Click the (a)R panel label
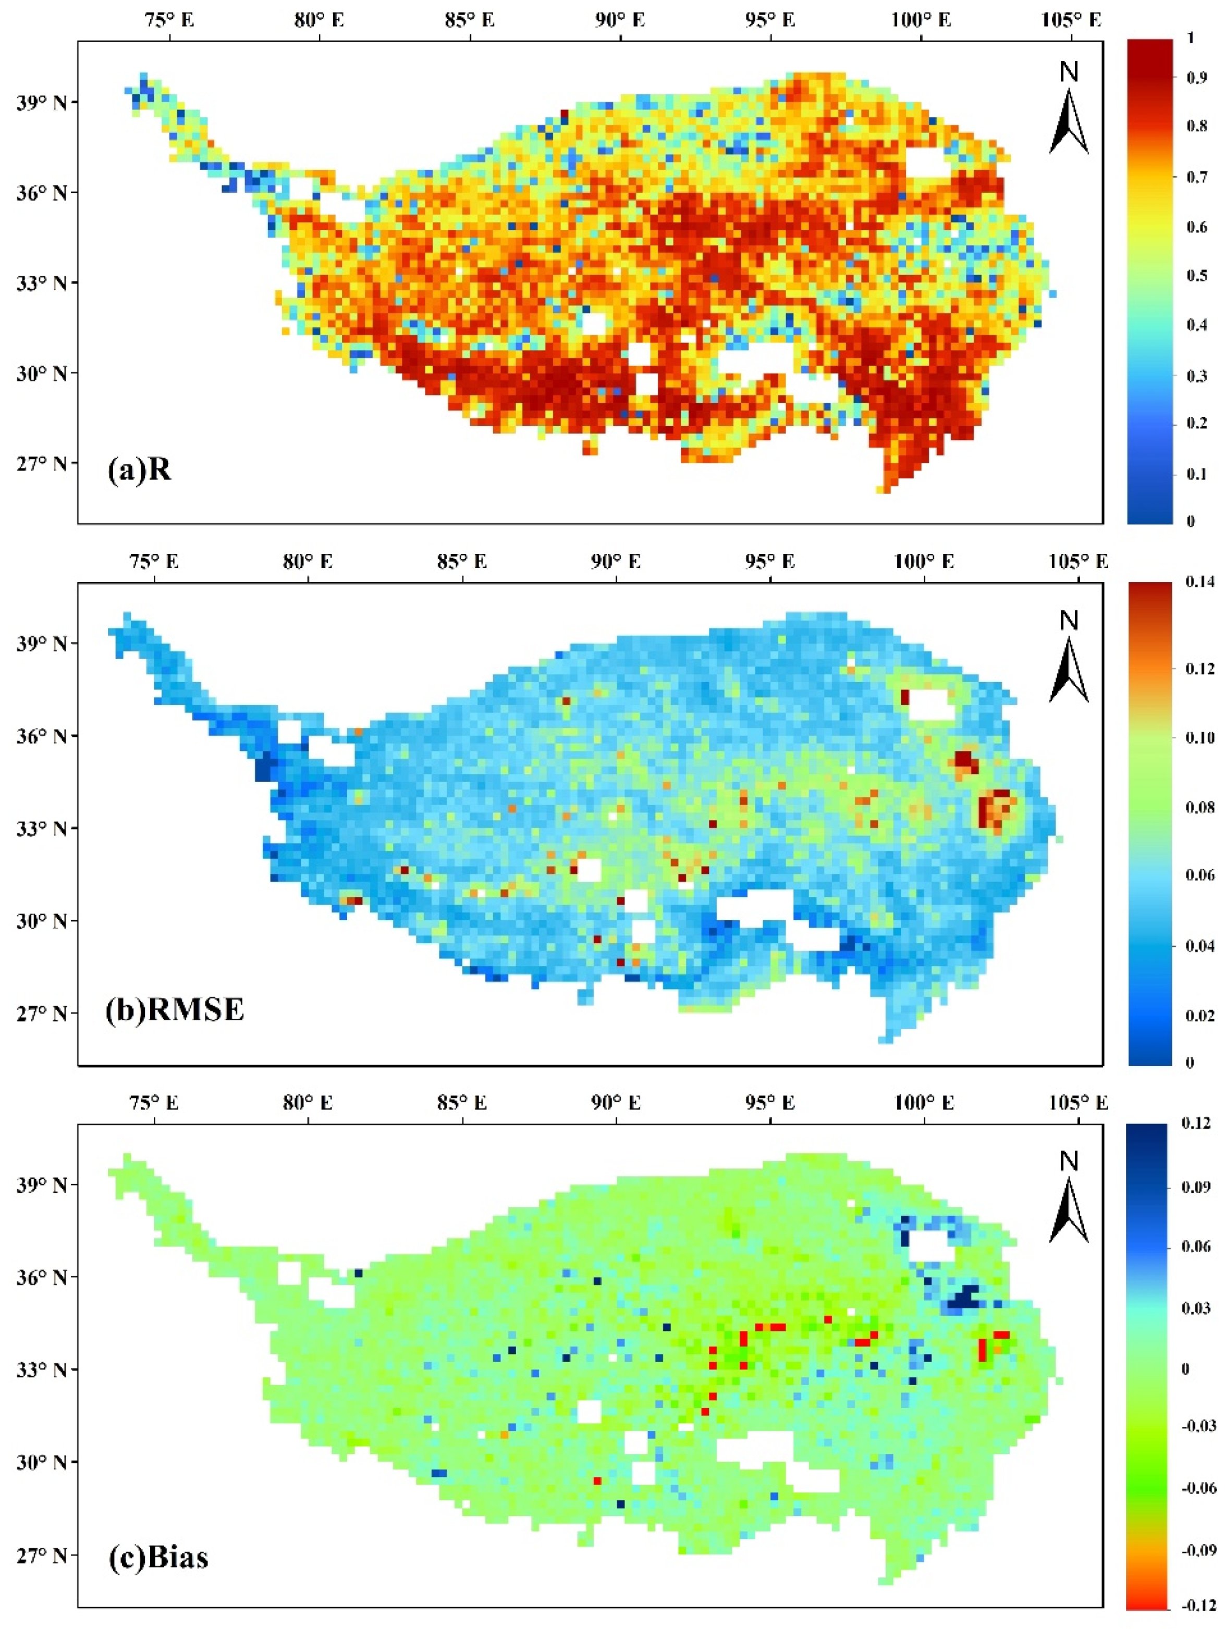(139, 469)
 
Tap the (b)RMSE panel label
(175, 1009)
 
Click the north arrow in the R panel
(1068, 110)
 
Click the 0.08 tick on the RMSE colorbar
(1199, 808)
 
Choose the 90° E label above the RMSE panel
(615, 562)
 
